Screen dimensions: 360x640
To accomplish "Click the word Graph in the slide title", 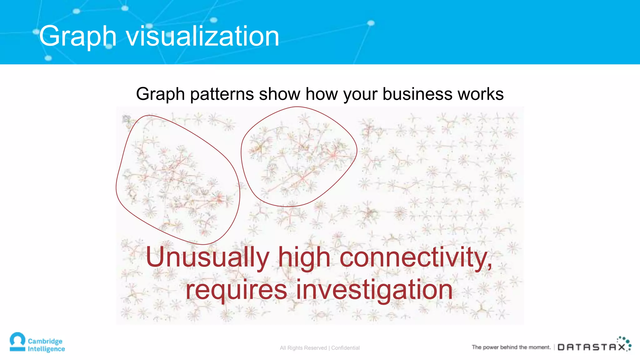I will pos(77,37).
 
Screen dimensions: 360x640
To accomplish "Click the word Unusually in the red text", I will pos(207,257).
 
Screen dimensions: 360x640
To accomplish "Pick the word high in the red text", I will pos(304,257).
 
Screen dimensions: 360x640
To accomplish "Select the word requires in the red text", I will pos(236,290).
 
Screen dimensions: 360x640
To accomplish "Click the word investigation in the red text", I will pos(374,290).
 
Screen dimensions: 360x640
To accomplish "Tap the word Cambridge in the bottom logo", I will pos(45,341).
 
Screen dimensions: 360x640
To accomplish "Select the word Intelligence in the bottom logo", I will pos(46,349).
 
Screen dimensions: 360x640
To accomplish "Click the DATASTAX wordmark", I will pos(591,347).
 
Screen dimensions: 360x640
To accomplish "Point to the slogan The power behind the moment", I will pos(511,347).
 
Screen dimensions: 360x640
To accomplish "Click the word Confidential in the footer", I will pos(345,348).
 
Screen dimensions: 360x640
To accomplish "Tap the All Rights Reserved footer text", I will pos(303,348).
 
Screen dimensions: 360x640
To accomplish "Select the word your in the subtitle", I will pos(361,94).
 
